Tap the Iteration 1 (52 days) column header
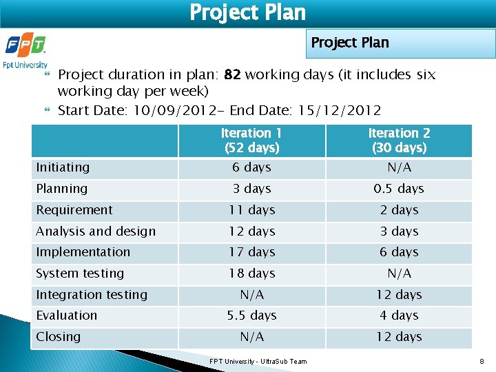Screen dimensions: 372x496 click(251, 141)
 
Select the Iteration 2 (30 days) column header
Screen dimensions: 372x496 click(399, 141)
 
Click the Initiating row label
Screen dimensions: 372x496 click(63, 167)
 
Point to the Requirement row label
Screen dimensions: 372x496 click(74, 210)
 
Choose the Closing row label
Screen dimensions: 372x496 click(59, 337)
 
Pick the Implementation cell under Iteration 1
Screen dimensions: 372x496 click(251, 252)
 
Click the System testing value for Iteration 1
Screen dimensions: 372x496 click(251, 273)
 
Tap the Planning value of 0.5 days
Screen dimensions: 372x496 click(399, 189)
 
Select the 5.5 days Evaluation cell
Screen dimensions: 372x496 click(251, 316)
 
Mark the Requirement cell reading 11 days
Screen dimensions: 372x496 click(251, 210)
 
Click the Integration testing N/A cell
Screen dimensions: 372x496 click(251, 295)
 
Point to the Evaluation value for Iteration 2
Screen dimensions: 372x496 click(399, 316)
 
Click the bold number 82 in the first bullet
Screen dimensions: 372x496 click(232, 74)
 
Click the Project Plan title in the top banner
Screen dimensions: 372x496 click(247, 12)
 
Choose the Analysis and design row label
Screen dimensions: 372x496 click(96, 231)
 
